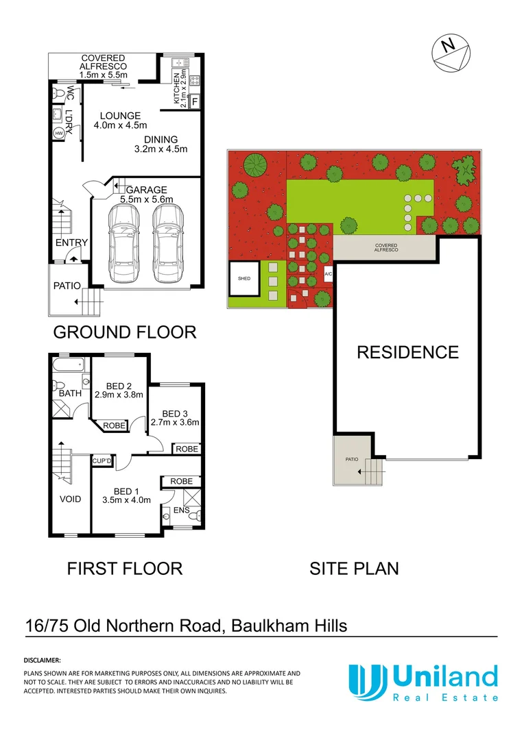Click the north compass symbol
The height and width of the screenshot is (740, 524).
point(450,53)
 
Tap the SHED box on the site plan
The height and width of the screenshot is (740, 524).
point(244,280)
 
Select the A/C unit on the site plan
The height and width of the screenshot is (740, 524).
point(327,274)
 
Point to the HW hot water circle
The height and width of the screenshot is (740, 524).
point(58,133)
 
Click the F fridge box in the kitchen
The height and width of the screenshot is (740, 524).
point(195,102)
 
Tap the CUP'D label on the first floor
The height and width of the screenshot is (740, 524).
point(102,461)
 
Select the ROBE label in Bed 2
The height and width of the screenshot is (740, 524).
point(115,425)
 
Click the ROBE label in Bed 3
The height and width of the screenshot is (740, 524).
point(187,449)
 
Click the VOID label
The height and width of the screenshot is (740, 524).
point(69,499)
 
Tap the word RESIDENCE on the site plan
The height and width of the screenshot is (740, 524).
point(407,352)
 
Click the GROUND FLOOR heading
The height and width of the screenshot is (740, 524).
point(125,332)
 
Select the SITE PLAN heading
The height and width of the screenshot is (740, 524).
point(355,568)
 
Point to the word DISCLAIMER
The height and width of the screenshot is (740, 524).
point(43,661)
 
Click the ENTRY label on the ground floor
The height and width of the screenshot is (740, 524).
point(71,243)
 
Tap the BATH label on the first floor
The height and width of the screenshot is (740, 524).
point(70,394)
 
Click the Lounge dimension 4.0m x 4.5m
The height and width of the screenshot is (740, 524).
point(120,125)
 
